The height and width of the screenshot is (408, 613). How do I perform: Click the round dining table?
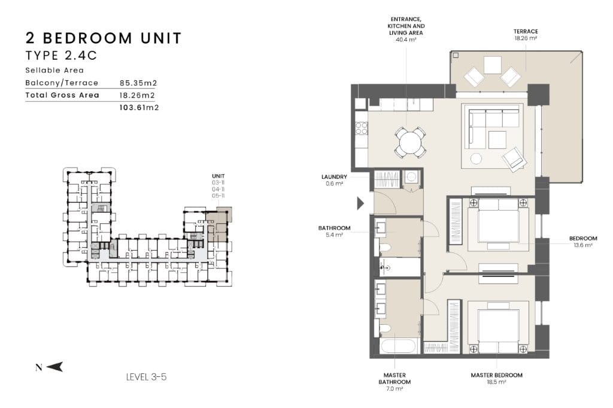[x=409, y=142]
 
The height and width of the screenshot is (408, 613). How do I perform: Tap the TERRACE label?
[x=526, y=31]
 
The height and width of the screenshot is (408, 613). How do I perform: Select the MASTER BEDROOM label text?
[x=496, y=375]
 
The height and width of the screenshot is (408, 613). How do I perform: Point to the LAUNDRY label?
[x=334, y=176]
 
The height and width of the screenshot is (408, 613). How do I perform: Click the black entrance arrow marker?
[x=360, y=203]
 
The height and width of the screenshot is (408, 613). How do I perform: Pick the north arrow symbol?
[x=54, y=367]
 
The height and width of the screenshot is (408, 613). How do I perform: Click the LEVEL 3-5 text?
[x=146, y=377]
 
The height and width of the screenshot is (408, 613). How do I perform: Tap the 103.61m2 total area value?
[x=139, y=108]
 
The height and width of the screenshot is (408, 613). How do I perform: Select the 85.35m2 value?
[x=138, y=83]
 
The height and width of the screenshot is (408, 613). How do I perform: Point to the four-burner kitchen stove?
[x=361, y=128]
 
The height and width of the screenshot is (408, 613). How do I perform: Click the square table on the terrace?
[x=493, y=65]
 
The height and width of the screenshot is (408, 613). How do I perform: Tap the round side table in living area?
[x=476, y=159]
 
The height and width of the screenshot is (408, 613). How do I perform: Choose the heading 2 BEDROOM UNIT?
[x=104, y=38]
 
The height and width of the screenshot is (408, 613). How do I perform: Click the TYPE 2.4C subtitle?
[x=61, y=56]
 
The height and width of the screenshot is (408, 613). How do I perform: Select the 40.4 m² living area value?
[x=406, y=39]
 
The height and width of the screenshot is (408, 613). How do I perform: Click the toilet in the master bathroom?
[x=385, y=328]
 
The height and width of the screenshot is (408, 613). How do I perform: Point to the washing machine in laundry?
[x=411, y=178]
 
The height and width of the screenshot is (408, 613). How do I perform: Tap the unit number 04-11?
[x=218, y=189]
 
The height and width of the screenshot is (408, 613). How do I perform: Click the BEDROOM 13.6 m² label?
[x=583, y=242]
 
